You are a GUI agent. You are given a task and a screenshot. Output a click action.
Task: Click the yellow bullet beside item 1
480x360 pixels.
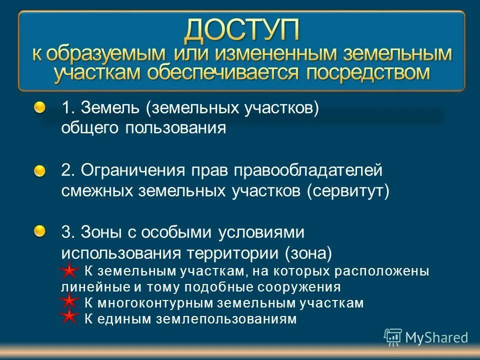click(x=40, y=107)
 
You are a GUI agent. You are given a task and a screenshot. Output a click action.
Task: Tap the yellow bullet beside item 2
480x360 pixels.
click(x=40, y=170)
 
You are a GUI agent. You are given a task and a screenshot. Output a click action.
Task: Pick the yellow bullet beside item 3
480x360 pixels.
click(x=40, y=230)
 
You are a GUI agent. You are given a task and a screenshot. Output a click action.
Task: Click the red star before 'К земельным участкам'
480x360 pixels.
click(x=69, y=271)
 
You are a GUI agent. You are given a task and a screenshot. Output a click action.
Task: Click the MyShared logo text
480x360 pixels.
click(x=436, y=337)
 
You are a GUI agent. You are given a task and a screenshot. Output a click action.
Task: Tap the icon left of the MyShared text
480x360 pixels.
click(x=393, y=337)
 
